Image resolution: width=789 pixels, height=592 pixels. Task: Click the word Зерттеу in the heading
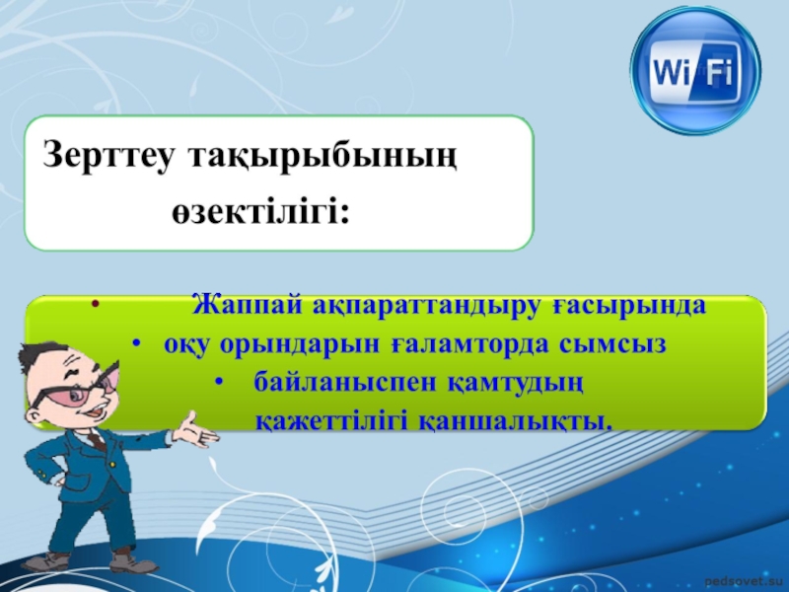click(109, 155)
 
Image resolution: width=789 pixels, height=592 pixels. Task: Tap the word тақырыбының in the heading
click(323, 157)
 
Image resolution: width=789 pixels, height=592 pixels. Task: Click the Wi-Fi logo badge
click(695, 71)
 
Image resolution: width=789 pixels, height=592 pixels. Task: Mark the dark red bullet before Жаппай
click(95, 304)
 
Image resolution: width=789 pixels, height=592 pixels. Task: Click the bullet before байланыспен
click(218, 382)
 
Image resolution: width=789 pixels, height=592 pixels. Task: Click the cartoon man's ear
click(34, 416)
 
